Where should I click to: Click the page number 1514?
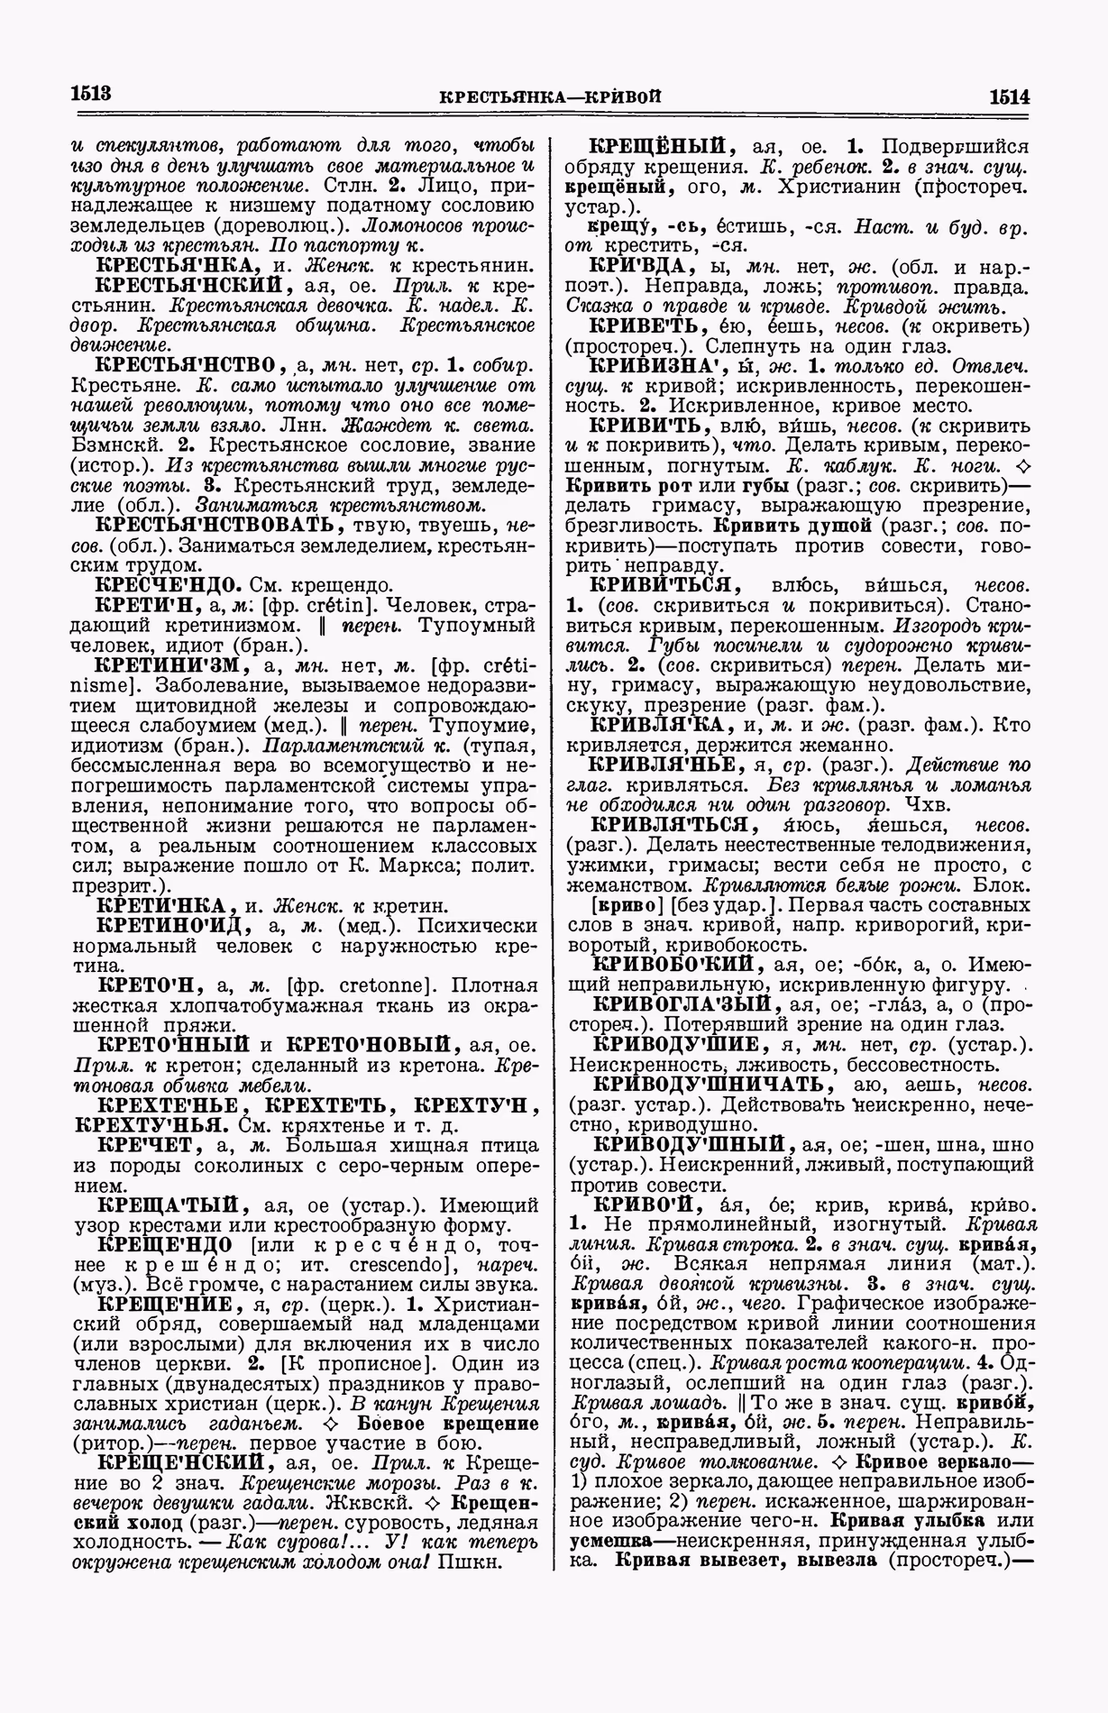(1009, 96)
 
